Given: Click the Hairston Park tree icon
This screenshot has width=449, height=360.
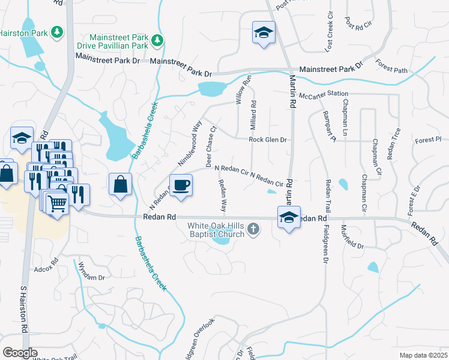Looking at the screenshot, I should pos(57,32).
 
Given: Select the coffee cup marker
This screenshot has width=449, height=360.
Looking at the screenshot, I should pos(181,185).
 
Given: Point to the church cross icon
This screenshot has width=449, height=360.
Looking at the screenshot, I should pos(253,228).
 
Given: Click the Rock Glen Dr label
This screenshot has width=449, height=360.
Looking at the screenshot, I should pos(268,140).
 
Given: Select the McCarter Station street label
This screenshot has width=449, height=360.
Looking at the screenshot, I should pos(324,94).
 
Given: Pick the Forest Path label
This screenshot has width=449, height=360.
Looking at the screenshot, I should pos(391,67).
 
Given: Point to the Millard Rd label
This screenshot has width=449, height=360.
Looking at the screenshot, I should pos(254,112).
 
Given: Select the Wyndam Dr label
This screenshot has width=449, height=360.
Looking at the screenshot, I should pos(92,278).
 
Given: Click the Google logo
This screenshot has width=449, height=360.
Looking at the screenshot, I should pos(20,353).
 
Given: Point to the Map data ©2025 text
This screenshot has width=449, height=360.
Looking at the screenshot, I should pos(422,355).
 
